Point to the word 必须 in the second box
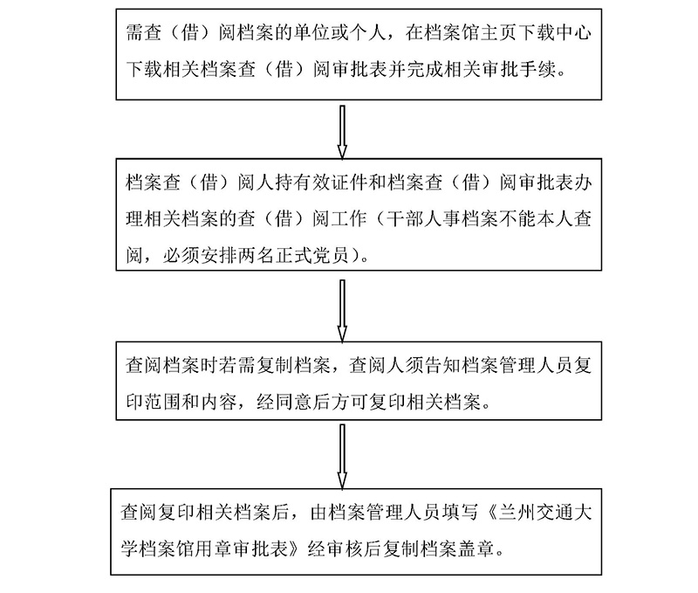coord(185,253)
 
